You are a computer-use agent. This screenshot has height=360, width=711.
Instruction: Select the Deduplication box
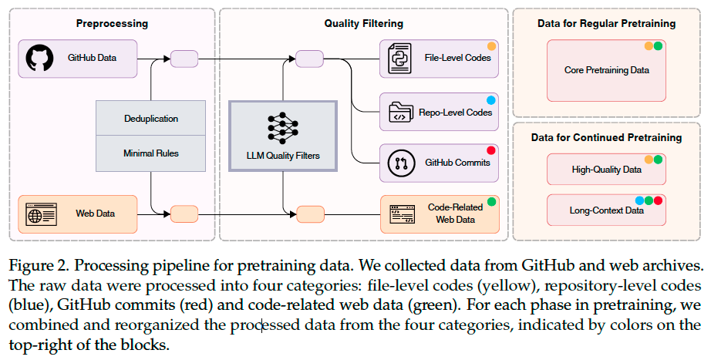[x=150, y=119]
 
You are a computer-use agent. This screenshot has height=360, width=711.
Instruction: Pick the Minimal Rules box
[x=150, y=153]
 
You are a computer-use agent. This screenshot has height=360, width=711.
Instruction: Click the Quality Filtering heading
[x=362, y=23]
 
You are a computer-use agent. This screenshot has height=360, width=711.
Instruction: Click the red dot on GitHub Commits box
[x=490, y=150]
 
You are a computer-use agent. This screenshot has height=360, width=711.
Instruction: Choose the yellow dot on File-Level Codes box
[x=490, y=46]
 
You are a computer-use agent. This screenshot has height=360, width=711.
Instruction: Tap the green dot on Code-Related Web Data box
[x=490, y=201]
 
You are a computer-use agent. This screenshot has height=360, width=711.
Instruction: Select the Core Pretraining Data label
[x=607, y=70]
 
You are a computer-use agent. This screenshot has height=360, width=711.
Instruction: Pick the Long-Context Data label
[x=607, y=210]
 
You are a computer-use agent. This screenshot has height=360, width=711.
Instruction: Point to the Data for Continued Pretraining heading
[x=607, y=137]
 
